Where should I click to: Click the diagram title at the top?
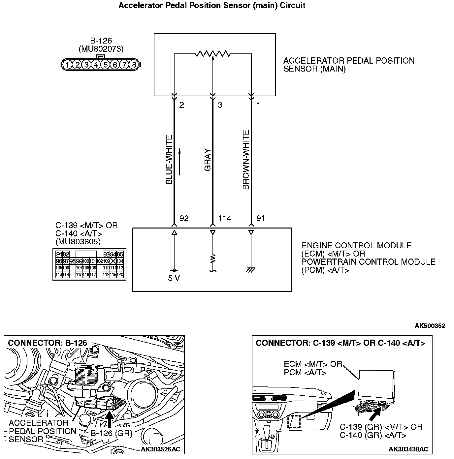coord(212,6)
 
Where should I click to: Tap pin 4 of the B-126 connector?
coord(96,65)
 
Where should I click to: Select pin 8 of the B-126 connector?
coord(134,65)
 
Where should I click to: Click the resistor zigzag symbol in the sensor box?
coord(213,53)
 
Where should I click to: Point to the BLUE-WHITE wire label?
coord(169,160)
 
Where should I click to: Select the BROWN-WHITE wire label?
coord(246,160)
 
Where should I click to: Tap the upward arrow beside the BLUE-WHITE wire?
coord(179,162)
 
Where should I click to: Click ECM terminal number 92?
coord(184,219)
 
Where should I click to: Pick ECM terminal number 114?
coord(225,219)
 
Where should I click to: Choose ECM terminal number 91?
coord(261,219)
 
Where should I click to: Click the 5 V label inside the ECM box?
coord(174,278)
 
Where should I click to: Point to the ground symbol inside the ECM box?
coord(251,270)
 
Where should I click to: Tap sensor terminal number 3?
coord(220,105)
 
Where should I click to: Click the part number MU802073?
coord(101,49)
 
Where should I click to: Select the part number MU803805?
coord(78,242)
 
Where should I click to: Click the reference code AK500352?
coord(430,326)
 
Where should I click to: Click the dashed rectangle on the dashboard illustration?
coord(294,422)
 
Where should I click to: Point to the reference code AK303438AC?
coord(408,449)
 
